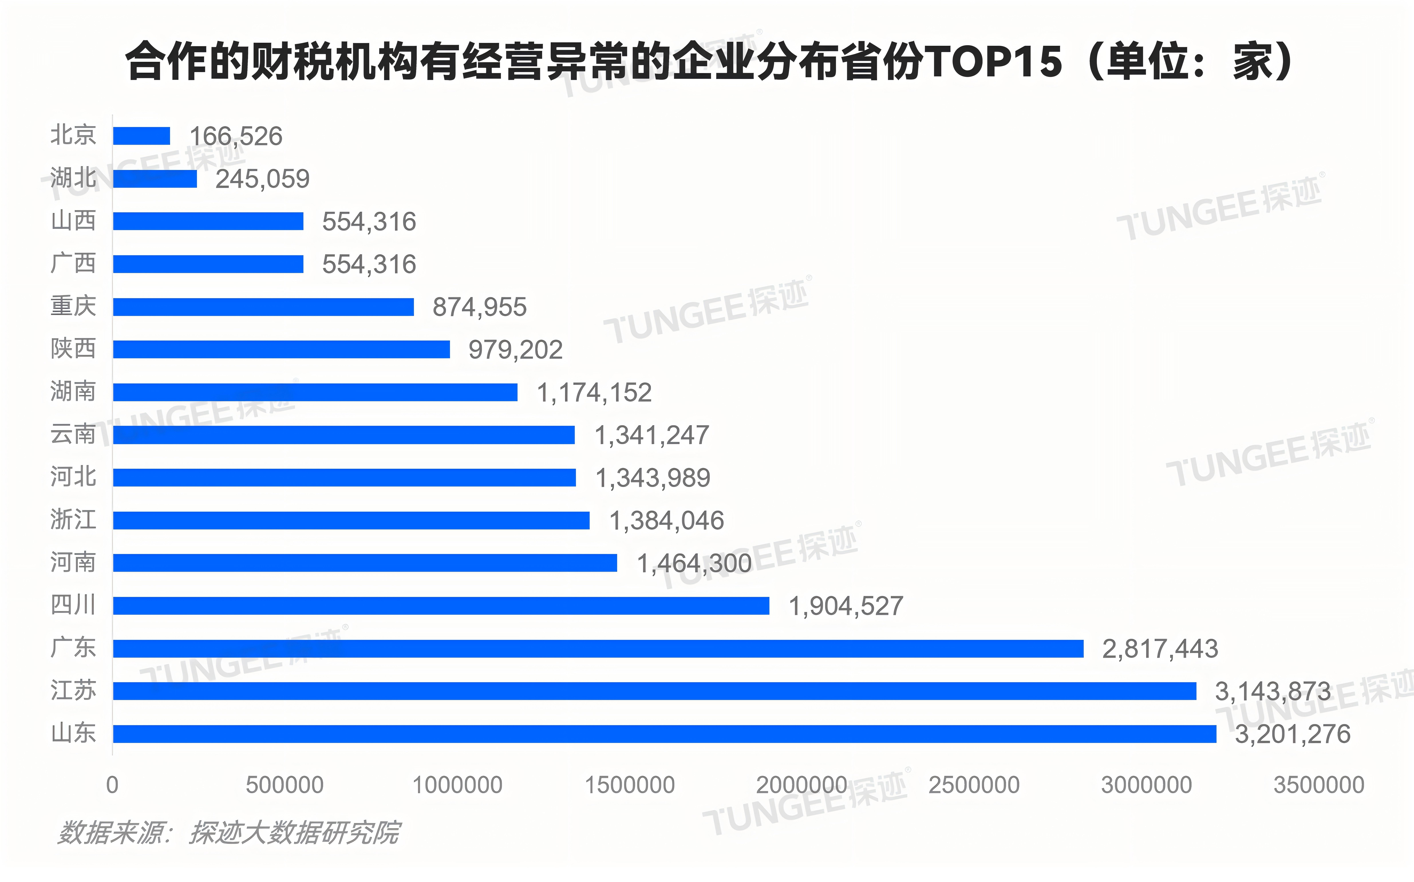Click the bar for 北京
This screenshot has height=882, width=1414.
point(142,136)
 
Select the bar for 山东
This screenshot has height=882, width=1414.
point(665,734)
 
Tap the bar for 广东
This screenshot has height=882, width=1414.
point(599,649)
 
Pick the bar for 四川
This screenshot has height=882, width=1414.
point(441,606)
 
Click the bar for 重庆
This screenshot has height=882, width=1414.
point(264,307)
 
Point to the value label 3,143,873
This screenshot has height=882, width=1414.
point(1273,692)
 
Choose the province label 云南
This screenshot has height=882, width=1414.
point(73,434)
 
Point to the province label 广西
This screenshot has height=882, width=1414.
point(73,263)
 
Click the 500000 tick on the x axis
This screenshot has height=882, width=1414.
point(285,785)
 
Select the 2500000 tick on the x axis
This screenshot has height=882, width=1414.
point(974,785)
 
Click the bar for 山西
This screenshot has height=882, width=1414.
point(208,221)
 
